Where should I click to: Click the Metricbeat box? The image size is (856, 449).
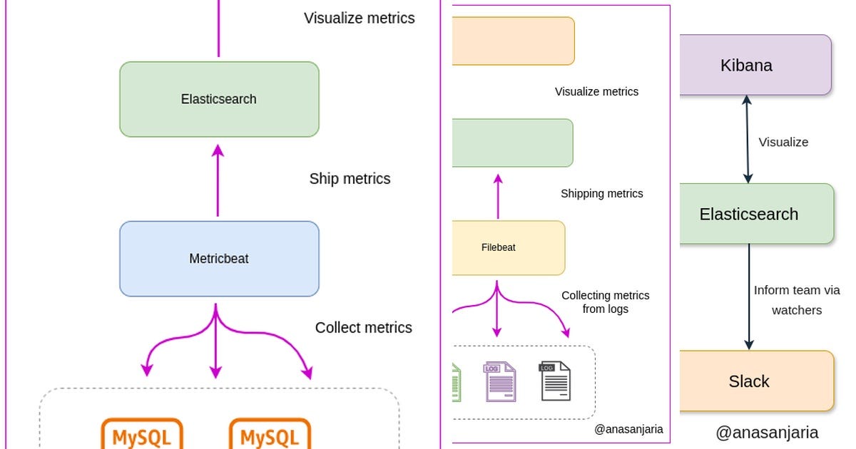point(219,259)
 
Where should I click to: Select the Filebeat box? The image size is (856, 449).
point(508,247)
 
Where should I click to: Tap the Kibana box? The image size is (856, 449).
point(755,65)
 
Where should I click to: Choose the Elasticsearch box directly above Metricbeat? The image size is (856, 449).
point(219,99)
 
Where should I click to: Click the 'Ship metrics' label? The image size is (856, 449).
point(350,179)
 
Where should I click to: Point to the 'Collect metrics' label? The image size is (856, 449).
point(364,328)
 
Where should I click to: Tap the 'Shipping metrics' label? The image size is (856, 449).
point(601,194)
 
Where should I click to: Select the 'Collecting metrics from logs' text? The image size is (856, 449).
point(605,302)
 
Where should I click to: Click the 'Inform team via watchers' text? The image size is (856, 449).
point(797,300)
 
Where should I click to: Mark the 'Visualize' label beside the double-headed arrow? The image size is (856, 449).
point(783,143)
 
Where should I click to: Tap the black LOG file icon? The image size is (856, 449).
point(556,381)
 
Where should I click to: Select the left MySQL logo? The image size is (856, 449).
point(143,434)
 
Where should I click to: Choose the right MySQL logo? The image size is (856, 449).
point(270,434)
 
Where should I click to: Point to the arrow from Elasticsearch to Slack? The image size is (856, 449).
point(749,296)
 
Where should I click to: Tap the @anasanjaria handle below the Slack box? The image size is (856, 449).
point(767,433)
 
